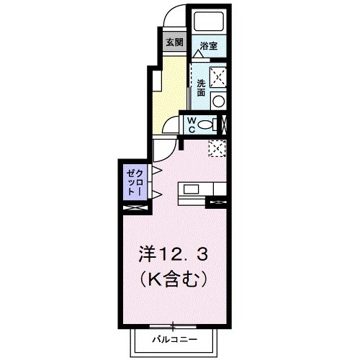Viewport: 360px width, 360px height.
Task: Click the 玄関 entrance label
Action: pyautogui.click(x=174, y=42)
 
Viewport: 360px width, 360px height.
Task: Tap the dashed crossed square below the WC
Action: pyautogui.click(x=217, y=148)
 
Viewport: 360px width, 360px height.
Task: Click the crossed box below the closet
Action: pyautogui.click(x=135, y=208)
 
